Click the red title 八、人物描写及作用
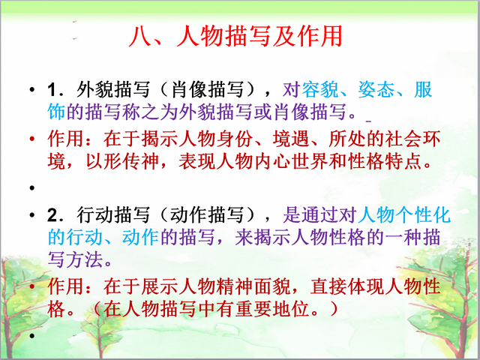click(x=235, y=36)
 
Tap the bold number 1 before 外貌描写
click(x=52, y=91)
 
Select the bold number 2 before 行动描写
click(x=52, y=215)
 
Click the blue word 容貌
click(x=320, y=90)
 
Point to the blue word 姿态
click(x=376, y=90)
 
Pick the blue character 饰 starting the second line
click(x=57, y=112)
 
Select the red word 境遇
click(x=290, y=139)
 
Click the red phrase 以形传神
click(x=121, y=161)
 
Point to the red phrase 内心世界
click(x=290, y=161)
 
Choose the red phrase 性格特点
click(x=384, y=161)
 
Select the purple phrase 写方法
click(x=75, y=259)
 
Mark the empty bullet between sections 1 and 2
click(x=31, y=187)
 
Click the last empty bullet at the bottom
click(x=31, y=336)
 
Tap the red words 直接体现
click(x=346, y=286)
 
